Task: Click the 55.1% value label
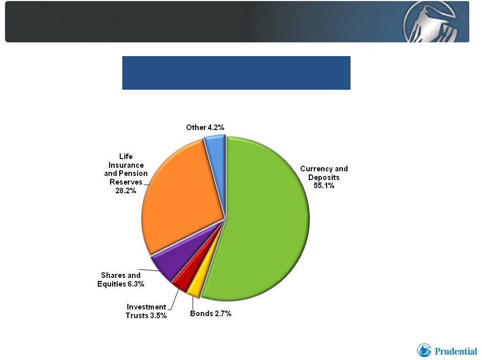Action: tap(324, 186)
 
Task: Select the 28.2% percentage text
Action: tap(126, 191)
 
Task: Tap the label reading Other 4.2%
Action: tap(205, 127)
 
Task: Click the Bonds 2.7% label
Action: tap(210, 314)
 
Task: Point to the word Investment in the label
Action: tap(146, 307)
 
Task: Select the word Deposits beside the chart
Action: tap(324, 177)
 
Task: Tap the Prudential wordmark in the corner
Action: tap(456, 351)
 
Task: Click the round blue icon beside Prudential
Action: tap(424, 350)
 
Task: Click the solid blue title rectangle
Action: tap(236, 73)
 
